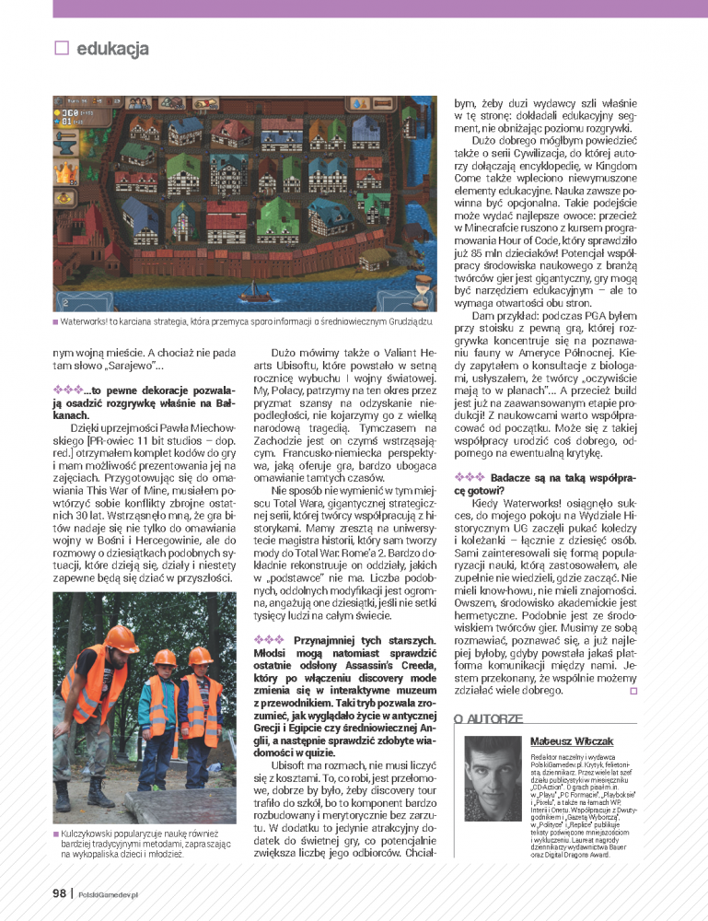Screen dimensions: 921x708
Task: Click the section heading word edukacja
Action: pyautogui.click(x=113, y=49)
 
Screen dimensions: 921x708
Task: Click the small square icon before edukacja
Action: pyautogui.click(x=63, y=48)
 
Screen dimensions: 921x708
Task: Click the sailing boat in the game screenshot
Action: pyautogui.click(x=255, y=289)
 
